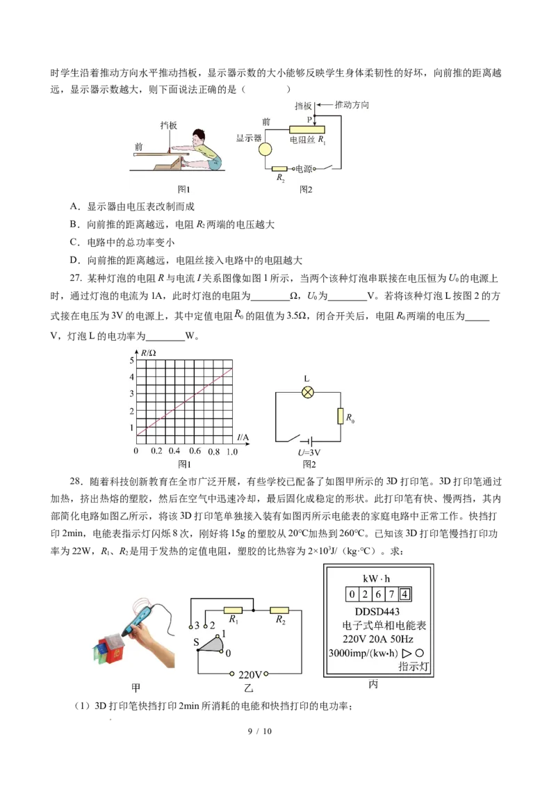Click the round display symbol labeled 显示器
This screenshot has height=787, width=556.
265,149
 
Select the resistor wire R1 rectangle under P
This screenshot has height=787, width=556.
306,129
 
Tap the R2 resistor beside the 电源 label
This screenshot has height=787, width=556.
279,169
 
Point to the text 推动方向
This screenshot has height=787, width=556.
353,105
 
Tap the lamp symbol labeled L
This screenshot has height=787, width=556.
307,392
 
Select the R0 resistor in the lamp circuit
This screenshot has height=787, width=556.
341,416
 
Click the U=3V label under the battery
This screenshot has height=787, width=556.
309,453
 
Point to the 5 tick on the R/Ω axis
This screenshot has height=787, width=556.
131,361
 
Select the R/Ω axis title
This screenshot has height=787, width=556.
149,353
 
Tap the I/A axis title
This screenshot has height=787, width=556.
243,437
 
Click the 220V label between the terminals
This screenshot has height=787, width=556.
250,674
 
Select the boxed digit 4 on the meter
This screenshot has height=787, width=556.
406,594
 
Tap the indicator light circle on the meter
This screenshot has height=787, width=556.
419,654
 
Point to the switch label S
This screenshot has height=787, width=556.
197,641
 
